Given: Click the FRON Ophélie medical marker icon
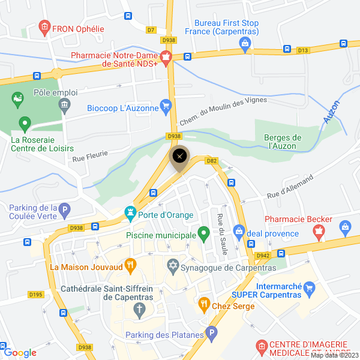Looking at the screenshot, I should [x=44, y=27].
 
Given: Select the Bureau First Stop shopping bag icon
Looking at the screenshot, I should [x=245, y=43].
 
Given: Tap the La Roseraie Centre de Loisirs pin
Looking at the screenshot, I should [x=25, y=124].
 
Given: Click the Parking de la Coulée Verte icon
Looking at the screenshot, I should [x=65, y=211].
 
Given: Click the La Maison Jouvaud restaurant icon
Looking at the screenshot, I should [x=130, y=264].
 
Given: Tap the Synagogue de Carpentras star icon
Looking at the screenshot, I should [x=173, y=265].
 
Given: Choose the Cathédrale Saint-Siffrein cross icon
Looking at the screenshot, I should [x=139, y=310].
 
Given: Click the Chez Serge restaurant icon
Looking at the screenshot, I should [x=204, y=304].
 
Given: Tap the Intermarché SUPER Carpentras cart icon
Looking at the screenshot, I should [x=310, y=289].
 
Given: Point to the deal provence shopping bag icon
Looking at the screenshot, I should [x=239, y=230].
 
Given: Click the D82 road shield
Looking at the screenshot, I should [x=211, y=160].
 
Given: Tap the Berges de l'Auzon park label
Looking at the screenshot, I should [x=283, y=140].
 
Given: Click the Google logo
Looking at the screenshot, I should [x=20, y=353].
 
